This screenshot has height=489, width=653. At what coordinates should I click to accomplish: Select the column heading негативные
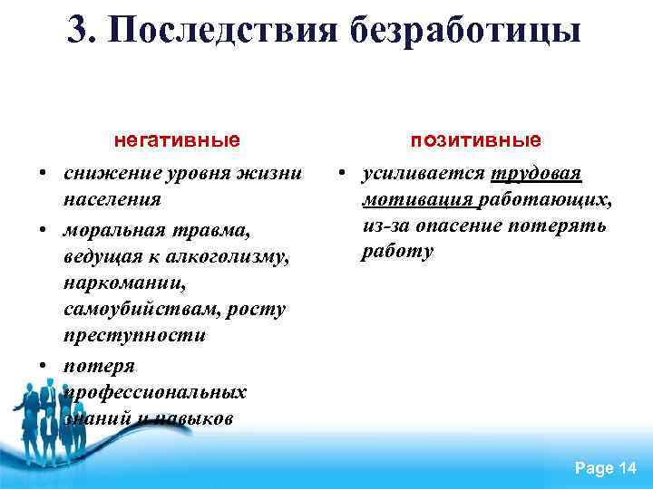(177, 140)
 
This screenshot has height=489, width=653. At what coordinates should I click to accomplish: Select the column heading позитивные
(476, 140)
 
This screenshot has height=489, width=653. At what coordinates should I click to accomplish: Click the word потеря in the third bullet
(99, 366)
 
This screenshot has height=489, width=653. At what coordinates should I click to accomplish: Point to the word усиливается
(424, 173)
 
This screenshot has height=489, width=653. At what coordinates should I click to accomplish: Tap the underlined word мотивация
(416, 199)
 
